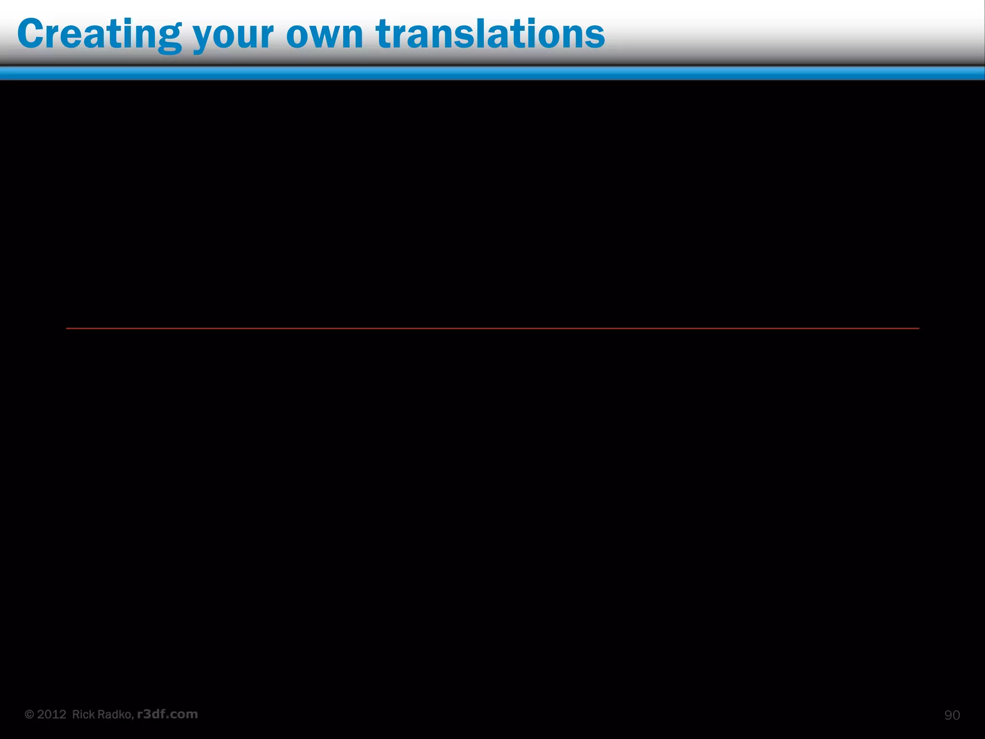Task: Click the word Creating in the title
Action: click(99, 35)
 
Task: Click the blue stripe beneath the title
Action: click(492, 73)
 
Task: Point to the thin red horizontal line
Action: click(492, 328)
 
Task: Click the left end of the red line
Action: click(67, 328)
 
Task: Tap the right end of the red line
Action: click(918, 328)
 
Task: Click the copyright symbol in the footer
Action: click(29, 714)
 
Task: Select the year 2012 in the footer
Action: click(51, 714)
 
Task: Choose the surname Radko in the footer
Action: click(116, 714)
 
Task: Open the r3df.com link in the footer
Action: click(167, 714)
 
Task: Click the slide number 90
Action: click(952, 715)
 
